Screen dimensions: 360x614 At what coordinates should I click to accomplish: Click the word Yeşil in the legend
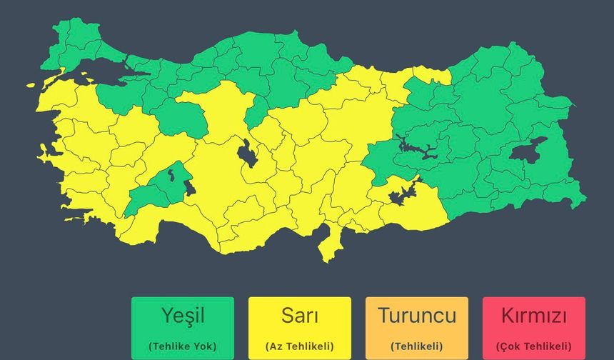coord(182,315)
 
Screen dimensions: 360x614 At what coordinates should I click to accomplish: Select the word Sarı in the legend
coord(300,315)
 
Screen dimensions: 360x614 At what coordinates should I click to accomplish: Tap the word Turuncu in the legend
coord(416,315)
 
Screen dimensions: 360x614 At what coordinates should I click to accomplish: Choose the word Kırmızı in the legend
coord(533,315)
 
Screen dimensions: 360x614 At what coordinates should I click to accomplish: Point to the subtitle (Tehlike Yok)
coord(182,346)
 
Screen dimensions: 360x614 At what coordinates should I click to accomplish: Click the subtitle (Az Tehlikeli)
coord(300,346)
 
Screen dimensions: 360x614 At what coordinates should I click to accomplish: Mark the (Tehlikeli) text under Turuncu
coord(416,346)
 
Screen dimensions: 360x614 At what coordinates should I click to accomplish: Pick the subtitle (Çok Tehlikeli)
coord(533,346)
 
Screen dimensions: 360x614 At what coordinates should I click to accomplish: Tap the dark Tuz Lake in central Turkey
coord(247,153)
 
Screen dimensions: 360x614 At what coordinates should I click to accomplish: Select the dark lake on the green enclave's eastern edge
coord(190,187)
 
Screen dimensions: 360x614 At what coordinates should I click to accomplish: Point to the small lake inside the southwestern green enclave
coord(171,171)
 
